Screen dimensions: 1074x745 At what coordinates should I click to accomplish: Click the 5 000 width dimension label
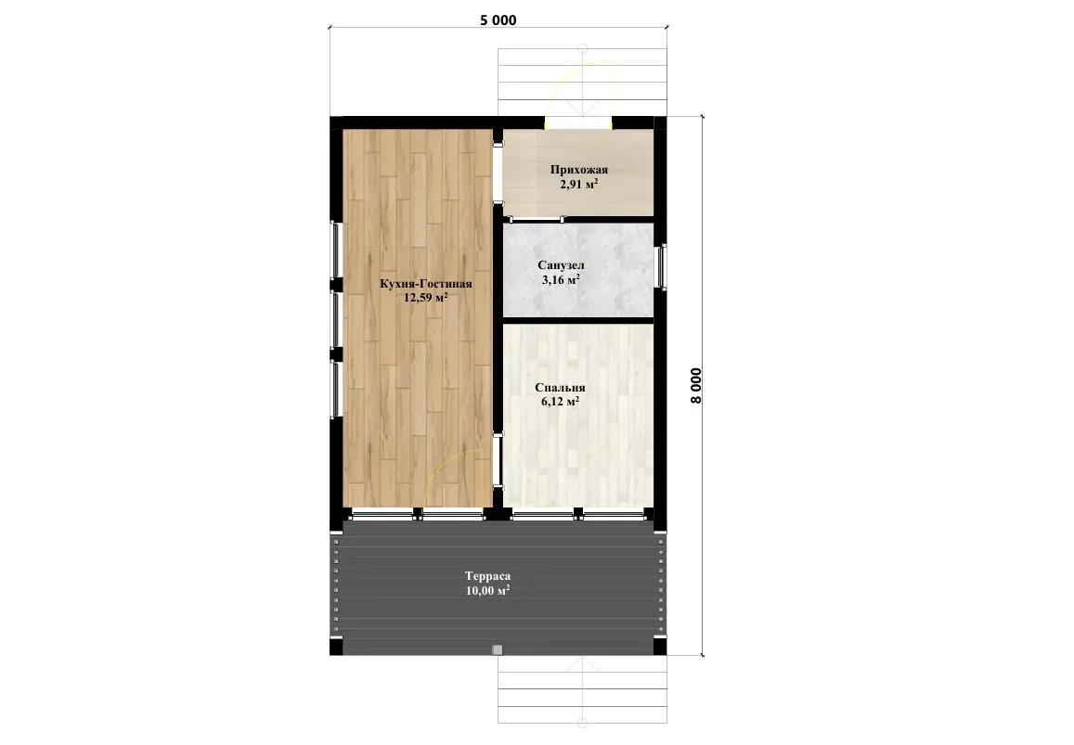[x=498, y=20]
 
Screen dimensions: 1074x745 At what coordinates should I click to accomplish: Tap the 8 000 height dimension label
[x=696, y=386]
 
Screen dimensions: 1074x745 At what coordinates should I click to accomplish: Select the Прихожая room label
[x=579, y=170]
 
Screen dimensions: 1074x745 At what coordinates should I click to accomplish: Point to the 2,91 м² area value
[x=579, y=185]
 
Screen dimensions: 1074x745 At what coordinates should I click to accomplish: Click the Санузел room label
[x=561, y=265]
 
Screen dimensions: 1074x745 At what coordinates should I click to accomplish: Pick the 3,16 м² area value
[x=561, y=279]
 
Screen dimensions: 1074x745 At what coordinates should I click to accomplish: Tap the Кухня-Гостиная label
[x=426, y=284]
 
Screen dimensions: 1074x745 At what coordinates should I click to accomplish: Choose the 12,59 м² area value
[x=426, y=297]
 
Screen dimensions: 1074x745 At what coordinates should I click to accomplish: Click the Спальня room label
[x=561, y=388]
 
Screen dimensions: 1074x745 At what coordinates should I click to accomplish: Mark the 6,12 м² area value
[x=561, y=401]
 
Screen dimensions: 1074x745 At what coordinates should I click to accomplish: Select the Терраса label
[x=487, y=576]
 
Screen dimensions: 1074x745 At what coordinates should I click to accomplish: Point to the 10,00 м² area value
[x=487, y=590]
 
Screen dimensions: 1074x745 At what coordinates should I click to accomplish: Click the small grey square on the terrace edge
[x=498, y=649]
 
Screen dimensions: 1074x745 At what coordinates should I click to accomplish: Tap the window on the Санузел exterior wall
[x=663, y=267]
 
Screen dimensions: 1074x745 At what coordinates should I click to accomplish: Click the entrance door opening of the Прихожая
[x=579, y=123]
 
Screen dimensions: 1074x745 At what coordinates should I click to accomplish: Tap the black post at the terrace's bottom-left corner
[x=336, y=647]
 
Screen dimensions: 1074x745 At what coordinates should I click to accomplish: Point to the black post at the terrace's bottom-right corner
[x=660, y=647]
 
